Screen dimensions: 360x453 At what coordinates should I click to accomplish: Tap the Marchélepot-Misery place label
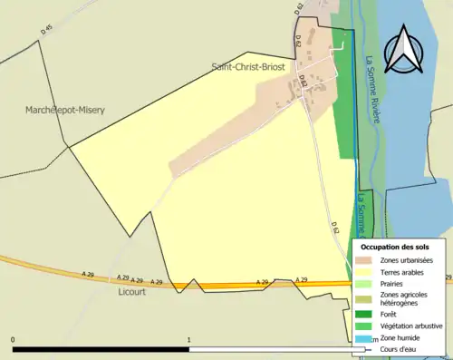(65, 110)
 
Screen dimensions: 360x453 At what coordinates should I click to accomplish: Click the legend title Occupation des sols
(395, 247)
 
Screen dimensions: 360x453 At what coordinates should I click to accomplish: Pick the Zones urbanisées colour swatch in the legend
(368, 261)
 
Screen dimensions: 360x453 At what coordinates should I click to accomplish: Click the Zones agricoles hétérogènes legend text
(404, 299)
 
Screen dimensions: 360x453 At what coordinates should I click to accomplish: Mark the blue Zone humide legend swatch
(368, 337)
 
